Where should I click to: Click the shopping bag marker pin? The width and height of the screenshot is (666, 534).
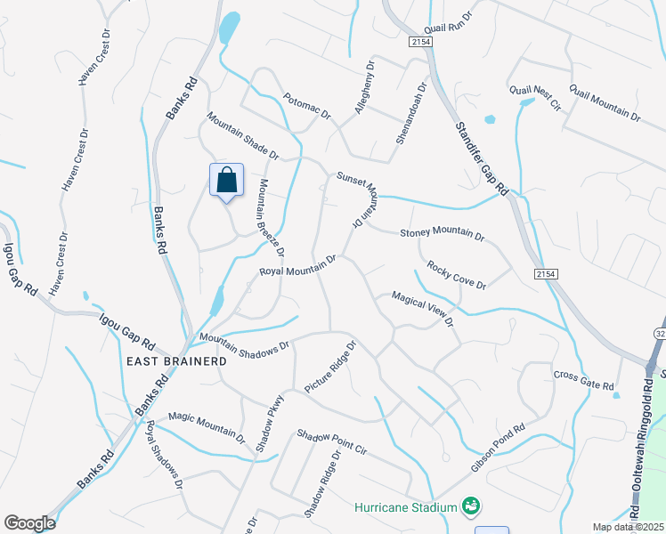tap(226, 181)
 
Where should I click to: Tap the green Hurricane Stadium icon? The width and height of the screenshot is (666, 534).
tap(472, 507)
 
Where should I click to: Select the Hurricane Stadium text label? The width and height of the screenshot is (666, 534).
tap(406, 507)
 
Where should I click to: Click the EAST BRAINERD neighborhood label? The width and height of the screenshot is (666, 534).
tap(177, 361)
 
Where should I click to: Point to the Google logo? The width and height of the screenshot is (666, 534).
tap(29, 523)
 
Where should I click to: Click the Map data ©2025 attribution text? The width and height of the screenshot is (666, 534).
tap(629, 527)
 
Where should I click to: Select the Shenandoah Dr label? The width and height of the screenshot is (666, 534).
tap(410, 116)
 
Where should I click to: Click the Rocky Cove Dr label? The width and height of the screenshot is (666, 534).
tap(456, 275)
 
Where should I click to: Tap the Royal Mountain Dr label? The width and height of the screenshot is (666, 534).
tap(297, 265)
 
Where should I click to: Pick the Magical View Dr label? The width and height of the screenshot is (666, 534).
tap(423, 307)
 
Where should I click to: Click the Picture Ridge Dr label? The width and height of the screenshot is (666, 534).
tap(329, 367)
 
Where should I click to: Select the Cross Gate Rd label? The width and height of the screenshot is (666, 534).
tap(584, 380)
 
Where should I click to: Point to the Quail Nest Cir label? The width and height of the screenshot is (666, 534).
tap(535, 97)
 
